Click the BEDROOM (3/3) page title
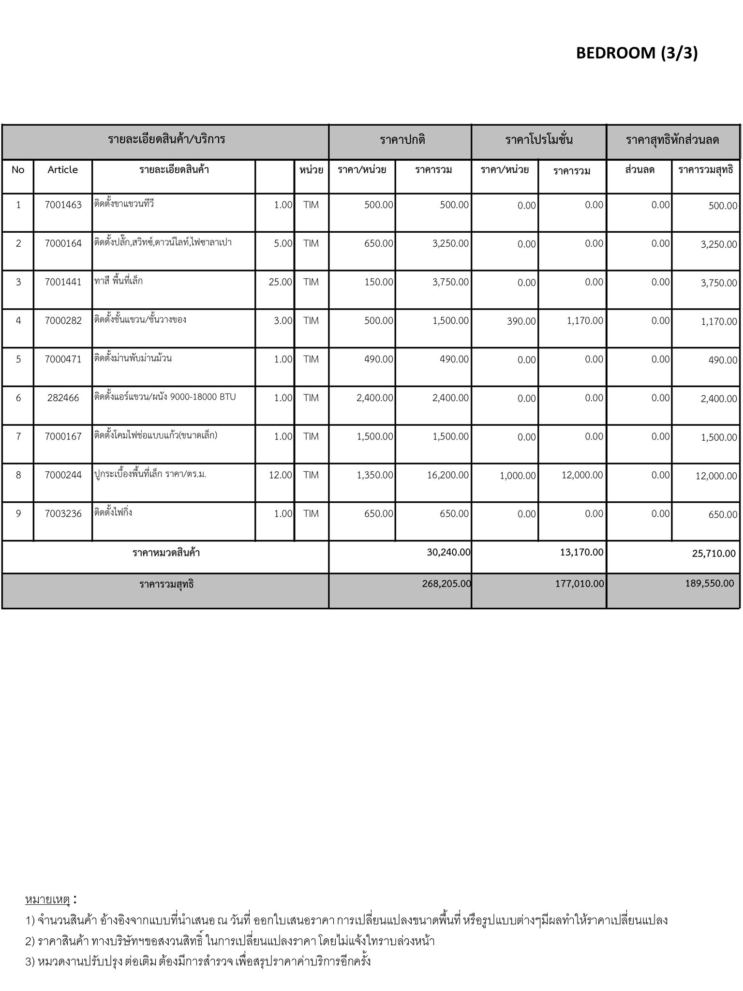(637, 53)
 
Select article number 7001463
(63, 205)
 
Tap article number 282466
(63, 398)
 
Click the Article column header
(63, 170)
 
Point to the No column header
(18, 170)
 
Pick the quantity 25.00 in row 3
(281, 282)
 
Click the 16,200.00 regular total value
(448, 475)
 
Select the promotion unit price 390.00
(521, 321)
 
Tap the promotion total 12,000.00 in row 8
(582, 475)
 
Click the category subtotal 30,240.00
(448, 552)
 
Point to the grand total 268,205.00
(446, 584)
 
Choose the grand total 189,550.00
(710, 584)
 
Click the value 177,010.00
(580, 584)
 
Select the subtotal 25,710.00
(714, 554)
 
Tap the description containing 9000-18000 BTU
(165, 397)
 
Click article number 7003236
(63, 514)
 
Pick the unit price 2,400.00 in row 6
(375, 398)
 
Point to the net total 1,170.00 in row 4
(719, 322)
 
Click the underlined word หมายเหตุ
(47, 900)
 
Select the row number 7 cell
(18, 436)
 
